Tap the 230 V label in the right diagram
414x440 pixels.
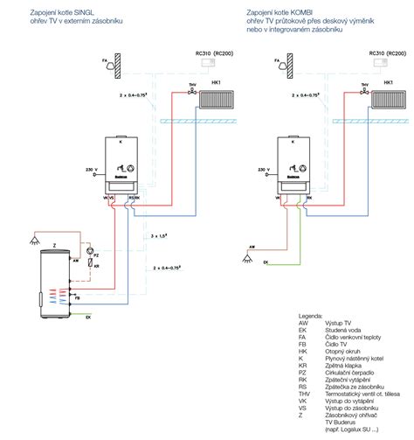tap(261, 167)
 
